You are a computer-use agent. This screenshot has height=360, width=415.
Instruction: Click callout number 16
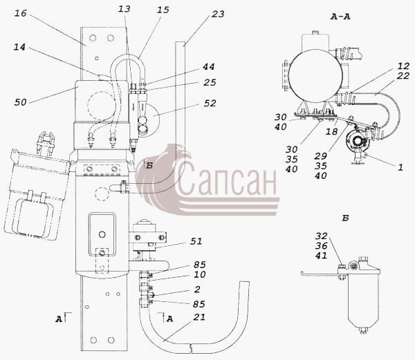[x=20, y=13]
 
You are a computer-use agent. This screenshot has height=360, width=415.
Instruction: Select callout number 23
[x=218, y=14]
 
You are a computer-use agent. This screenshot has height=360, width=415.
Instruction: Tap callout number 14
[x=19, y=47]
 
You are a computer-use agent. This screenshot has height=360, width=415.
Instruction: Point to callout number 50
[x=20, y=102]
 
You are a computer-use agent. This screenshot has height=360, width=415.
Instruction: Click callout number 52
[x=210, y=104]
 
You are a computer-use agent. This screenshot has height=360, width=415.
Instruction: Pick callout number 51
[x=196, y=241]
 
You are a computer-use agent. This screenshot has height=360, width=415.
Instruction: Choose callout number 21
[x=199, y=317]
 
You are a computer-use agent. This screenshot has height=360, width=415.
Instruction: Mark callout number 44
[x=209, y=67]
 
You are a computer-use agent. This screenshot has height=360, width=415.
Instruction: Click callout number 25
[x=210, y=82]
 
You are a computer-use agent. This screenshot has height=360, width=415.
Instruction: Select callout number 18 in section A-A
[x=331, y=131]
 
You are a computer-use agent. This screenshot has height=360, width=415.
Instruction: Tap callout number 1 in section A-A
[x=400, y=167]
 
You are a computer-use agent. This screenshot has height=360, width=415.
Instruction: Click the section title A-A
[x=340, y=17]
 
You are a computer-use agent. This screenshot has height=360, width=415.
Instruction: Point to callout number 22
[x=403, y=76]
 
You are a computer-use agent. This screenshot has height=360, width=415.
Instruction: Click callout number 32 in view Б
[x=322, y=236]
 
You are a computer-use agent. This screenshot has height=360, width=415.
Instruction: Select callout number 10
[x=200, y=274]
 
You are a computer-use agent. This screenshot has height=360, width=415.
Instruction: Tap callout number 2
[x=197, y=290]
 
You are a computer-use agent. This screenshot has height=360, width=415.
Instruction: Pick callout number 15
[x=163, y=10]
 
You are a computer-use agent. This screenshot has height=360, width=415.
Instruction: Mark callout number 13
[x=124, y=9]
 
